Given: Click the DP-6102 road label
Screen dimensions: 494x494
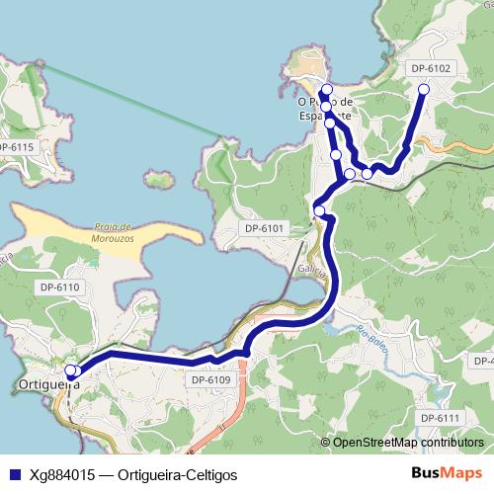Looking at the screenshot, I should [x=430, y=68].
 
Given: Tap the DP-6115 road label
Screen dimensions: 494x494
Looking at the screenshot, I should [x=17, y=147].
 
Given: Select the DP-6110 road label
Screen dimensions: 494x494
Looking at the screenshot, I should [x=59, y=287].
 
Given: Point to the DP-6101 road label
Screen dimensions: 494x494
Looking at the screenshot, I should [x=264, y=229].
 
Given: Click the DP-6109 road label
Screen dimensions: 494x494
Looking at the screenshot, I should [x=209, y=379].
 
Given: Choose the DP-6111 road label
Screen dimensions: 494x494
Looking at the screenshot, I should [x=441, y=419].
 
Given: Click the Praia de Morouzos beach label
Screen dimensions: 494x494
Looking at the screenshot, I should [x=110, y=232].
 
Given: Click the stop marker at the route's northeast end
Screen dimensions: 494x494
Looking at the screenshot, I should [x=424, y=90].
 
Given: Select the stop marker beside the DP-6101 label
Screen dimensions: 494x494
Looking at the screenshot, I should [x=319, y=209].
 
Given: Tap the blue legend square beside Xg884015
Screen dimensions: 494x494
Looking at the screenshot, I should [x=12, y=474].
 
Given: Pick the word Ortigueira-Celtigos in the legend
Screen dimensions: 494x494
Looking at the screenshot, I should [x=177, y=474].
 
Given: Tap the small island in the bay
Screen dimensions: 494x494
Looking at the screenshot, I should [x=156, y=180].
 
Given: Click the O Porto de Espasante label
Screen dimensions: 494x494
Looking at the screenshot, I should [x=325, y=108].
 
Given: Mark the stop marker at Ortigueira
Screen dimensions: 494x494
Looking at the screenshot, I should [x=71, y=371].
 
